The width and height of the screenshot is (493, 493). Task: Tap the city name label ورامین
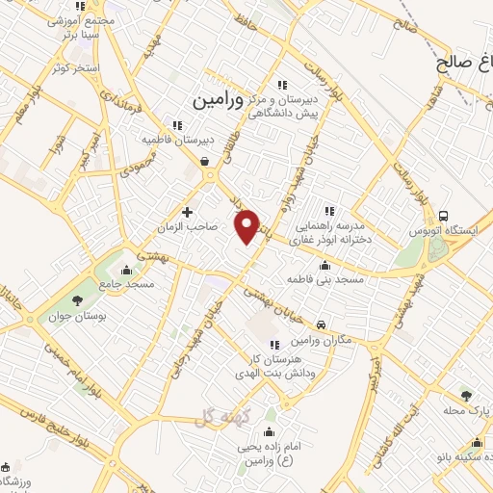point(215,99)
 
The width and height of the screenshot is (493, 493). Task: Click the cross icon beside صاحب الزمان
point(187,211)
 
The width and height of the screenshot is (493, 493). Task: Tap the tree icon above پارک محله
point(467,395)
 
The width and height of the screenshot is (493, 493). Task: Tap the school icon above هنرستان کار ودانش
point(274,345)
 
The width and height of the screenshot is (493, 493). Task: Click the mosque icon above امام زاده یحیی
point(268,430)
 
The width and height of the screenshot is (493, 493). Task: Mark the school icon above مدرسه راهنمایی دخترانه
point(329,210)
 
